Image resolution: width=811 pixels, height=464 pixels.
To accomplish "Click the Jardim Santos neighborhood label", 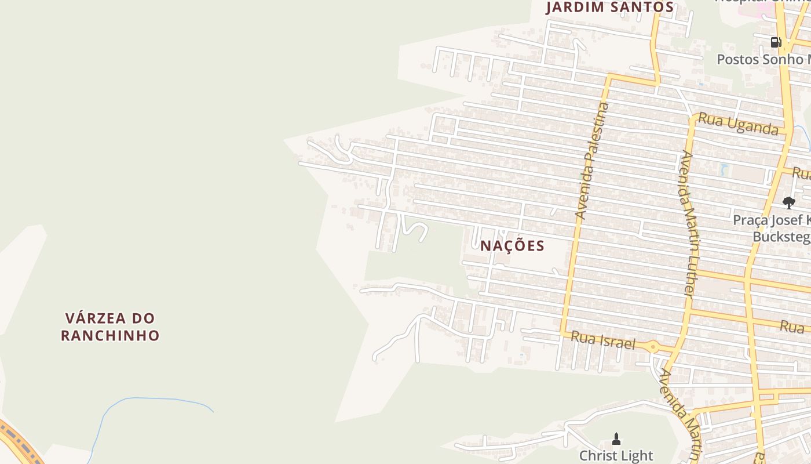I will click(610, 8).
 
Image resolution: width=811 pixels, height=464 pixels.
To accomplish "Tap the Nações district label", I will click(513, 246).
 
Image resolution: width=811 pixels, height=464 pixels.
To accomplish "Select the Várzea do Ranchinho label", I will click(110, 327).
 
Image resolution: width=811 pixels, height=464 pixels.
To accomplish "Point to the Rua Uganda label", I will click(738, 124).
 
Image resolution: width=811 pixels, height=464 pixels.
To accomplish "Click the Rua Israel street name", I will click(603, 340).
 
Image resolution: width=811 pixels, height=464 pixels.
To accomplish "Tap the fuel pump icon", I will click(776, 42).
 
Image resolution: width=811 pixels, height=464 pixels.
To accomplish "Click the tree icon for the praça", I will click(788, 202).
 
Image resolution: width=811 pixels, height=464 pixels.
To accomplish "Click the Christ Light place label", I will click(616, 455).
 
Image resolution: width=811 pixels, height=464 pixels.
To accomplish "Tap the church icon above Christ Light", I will click(616, 438).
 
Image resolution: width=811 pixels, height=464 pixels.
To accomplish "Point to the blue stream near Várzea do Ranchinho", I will click(151, 399).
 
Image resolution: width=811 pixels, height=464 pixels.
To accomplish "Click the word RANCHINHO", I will click(110, 335).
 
